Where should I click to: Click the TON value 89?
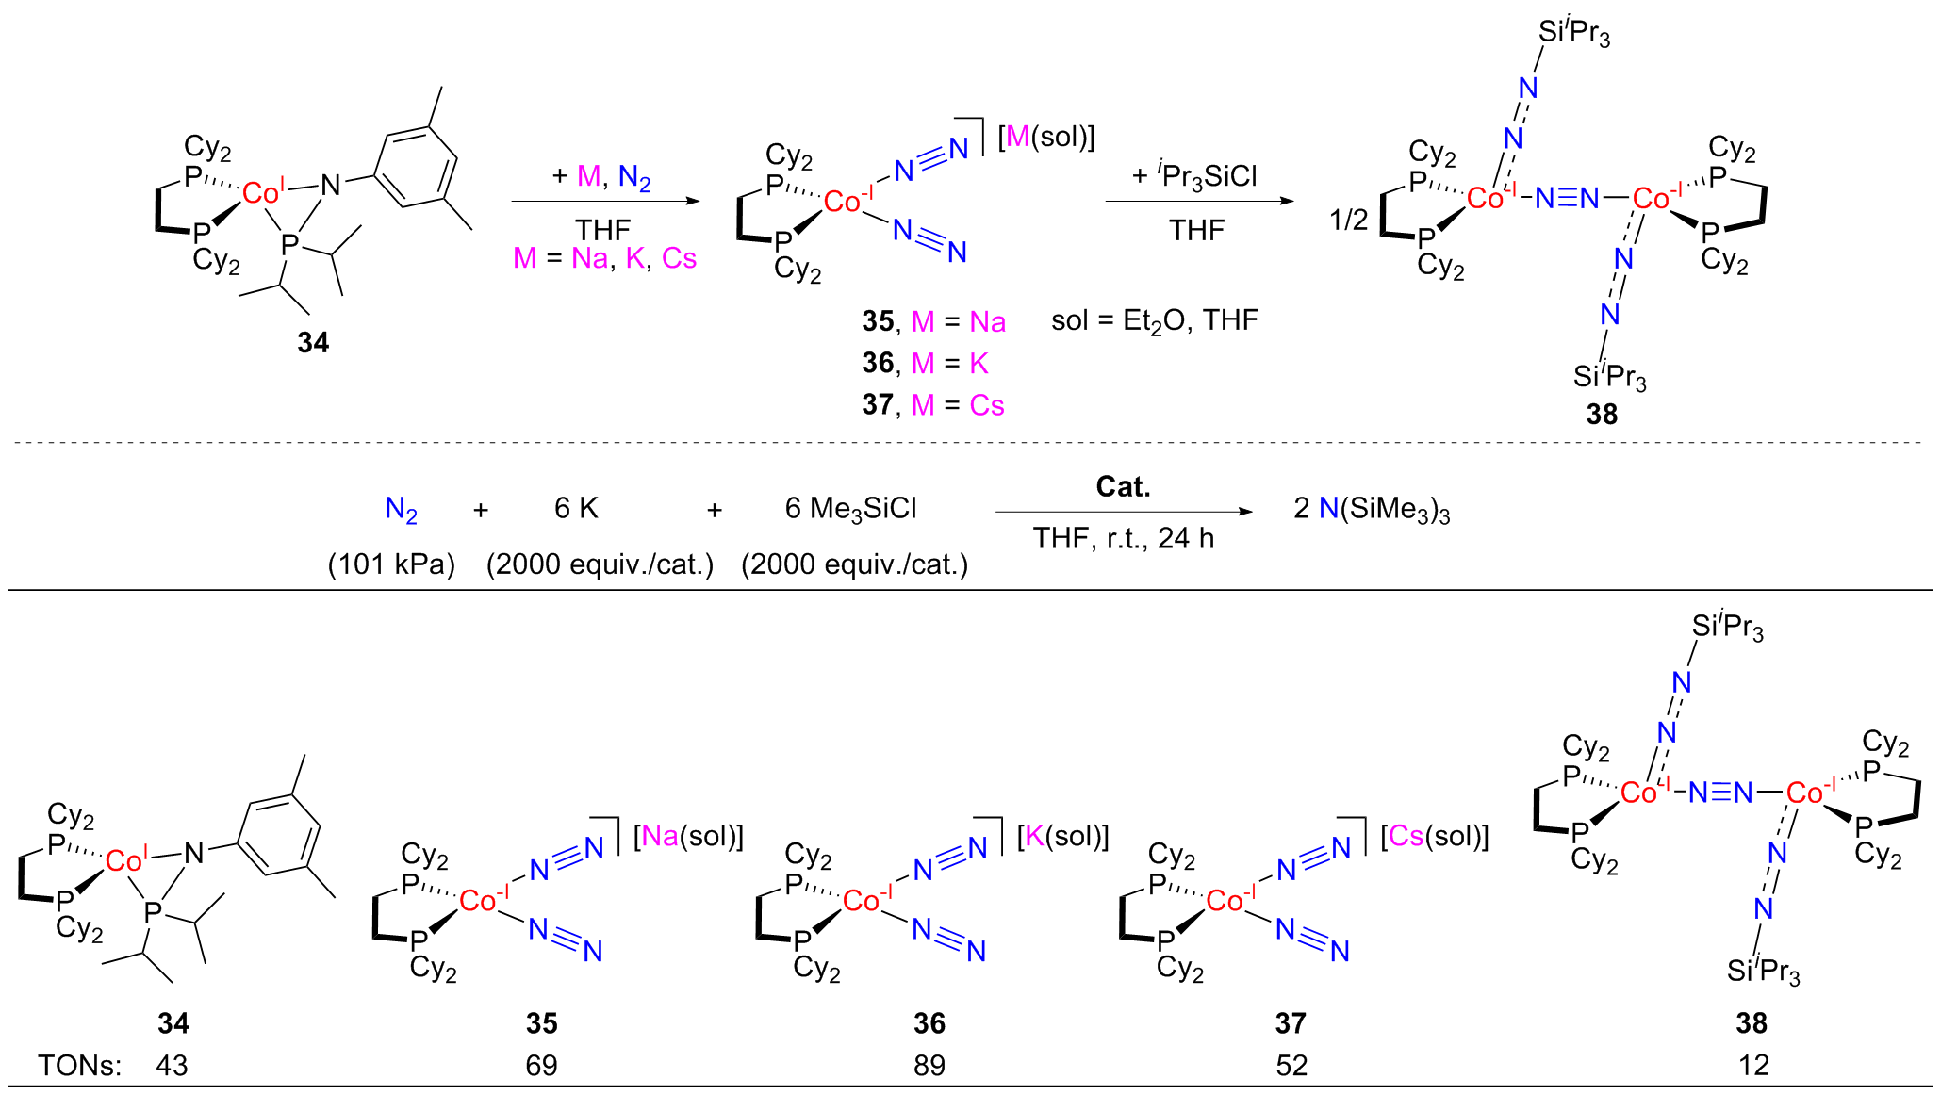click(x=929, y=1065)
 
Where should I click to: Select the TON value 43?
click(x=173, y=1065)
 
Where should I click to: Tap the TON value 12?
click(x=1753, y=1065)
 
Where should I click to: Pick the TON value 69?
click(x=541, y=1065)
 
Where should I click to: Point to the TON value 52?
click(x=1291, y=1065)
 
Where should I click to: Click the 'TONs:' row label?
click(x=80, y=1065)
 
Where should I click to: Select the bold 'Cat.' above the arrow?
click(x=1123, y=486)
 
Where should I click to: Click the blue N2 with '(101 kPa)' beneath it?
click(x=401, y=510)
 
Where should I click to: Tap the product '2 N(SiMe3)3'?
click(x=1372, y=510)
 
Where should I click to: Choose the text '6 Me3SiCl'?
click(x=850, y=510)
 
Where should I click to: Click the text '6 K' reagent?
click(x=576, y=508)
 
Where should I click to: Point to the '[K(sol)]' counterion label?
click(x=1063, y=836)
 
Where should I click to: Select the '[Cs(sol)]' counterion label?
click(x=1435, y=836)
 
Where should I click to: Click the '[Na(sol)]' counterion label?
click(x=689, y=836)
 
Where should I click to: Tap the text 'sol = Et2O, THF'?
click(x=1155, y=321)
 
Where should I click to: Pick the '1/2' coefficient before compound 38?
click(x=1348, y=221)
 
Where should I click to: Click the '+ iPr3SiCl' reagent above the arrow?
click(x=1194, y=176)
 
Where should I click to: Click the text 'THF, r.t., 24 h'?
click(x=1123, y=538)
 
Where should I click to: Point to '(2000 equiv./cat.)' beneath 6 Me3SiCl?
click(x=855, y=564)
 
